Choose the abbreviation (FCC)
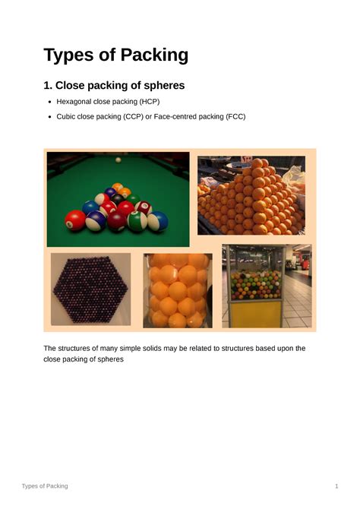click(x=232, y=117)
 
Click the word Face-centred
click(x=175, y=117)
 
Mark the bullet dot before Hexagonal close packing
click(x=49, y=102)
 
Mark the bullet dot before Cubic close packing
click(x=49, y=117)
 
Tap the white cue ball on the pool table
click(x=118, y=161)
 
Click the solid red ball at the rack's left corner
click(x=74, y=220)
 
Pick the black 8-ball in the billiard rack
click(x=118, y=198)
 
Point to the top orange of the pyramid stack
click(x=257, y=163)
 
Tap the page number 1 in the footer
click(x=336, y=485)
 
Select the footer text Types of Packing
click(x=45, y=485)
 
